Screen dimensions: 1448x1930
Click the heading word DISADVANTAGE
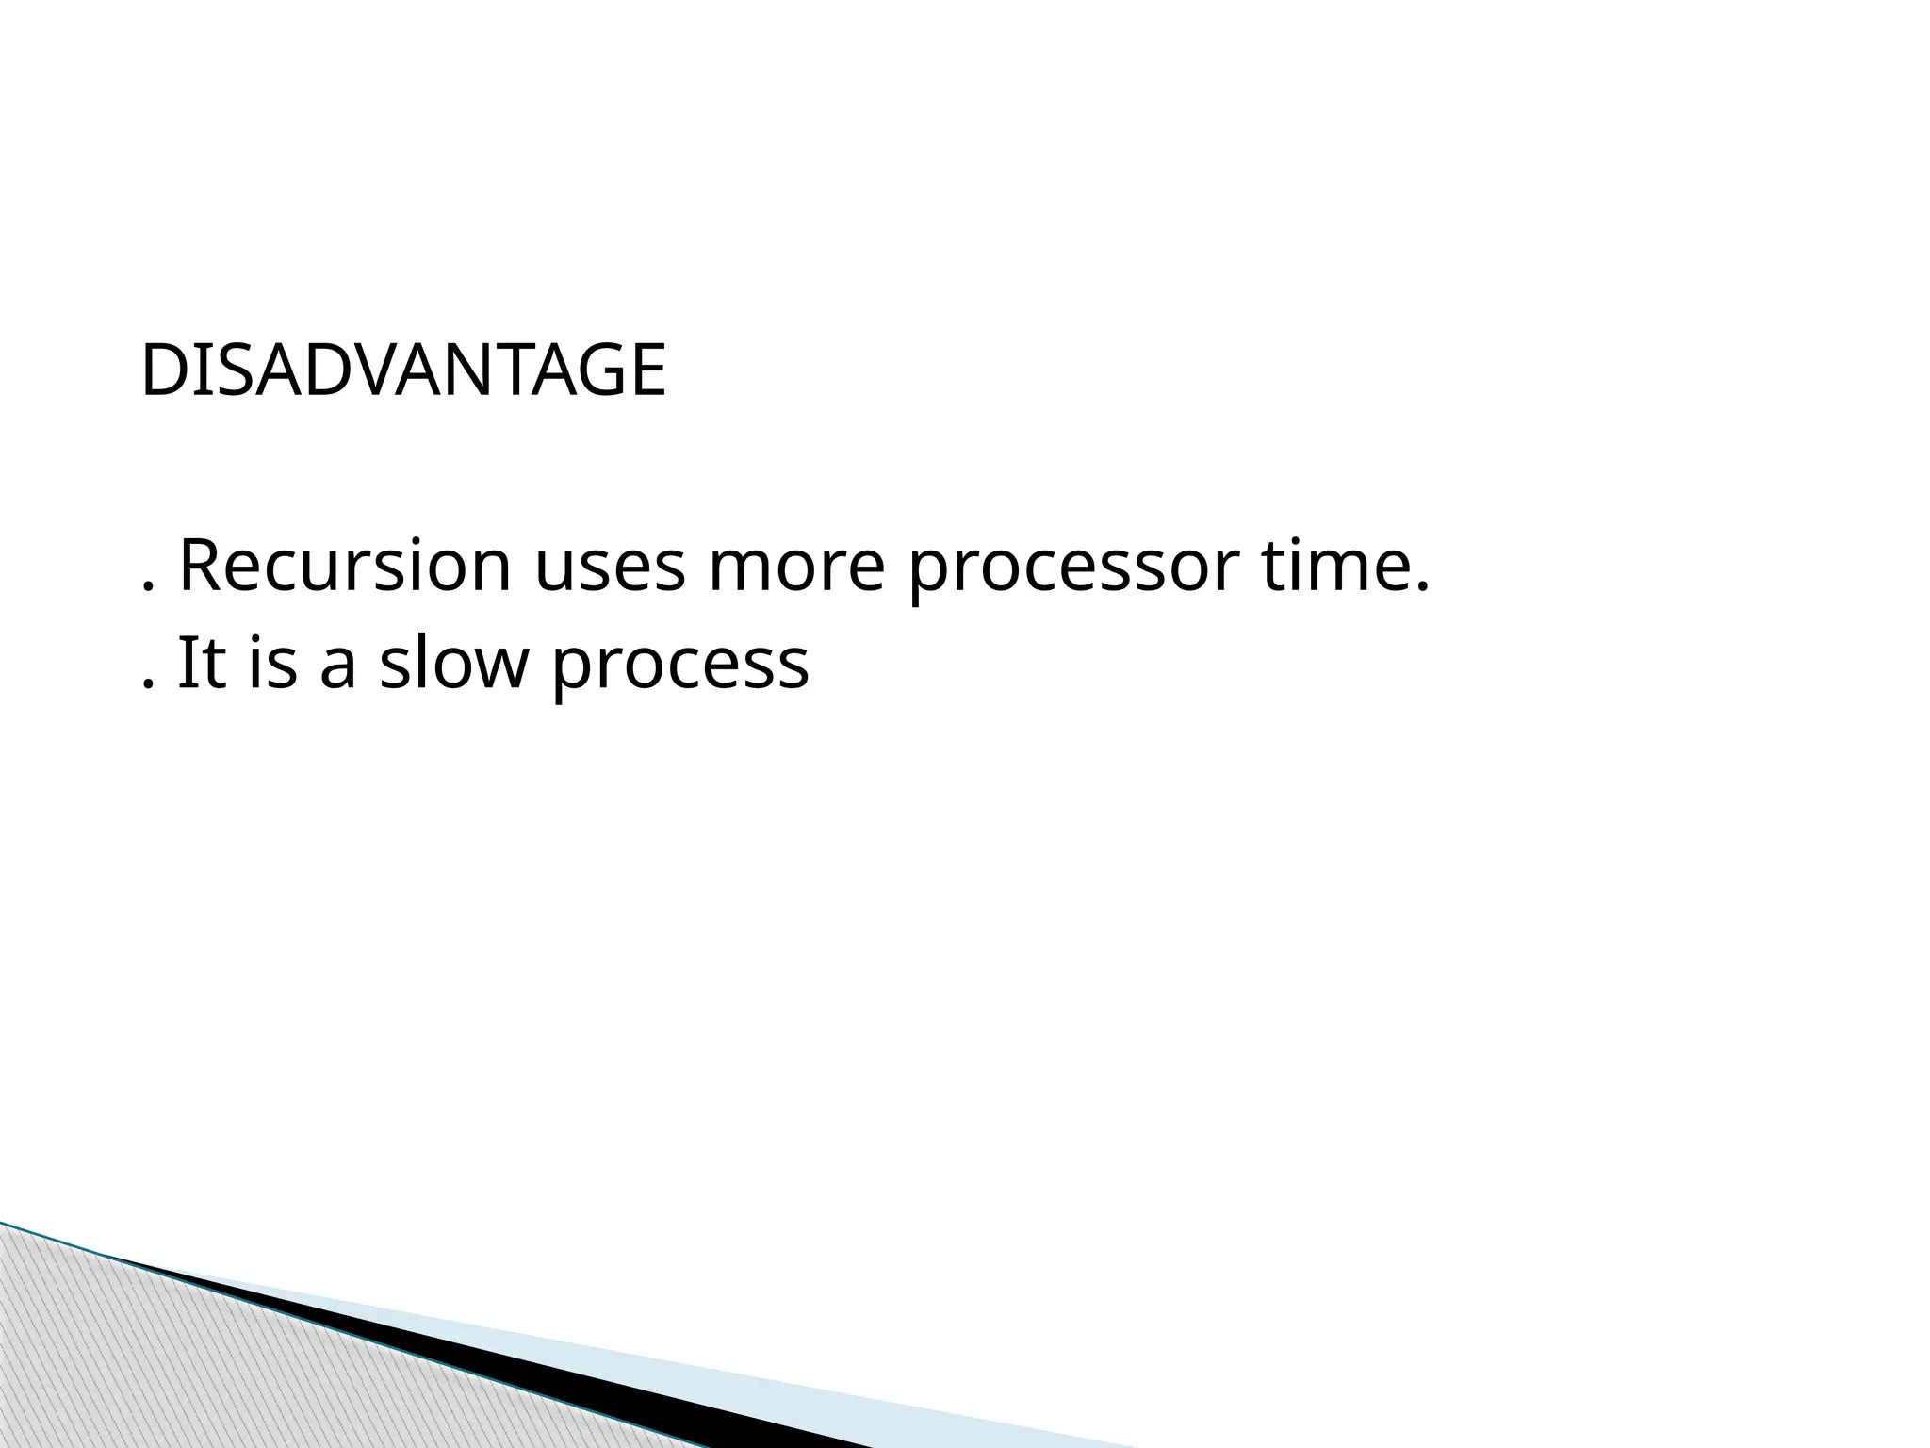point(403,370)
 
